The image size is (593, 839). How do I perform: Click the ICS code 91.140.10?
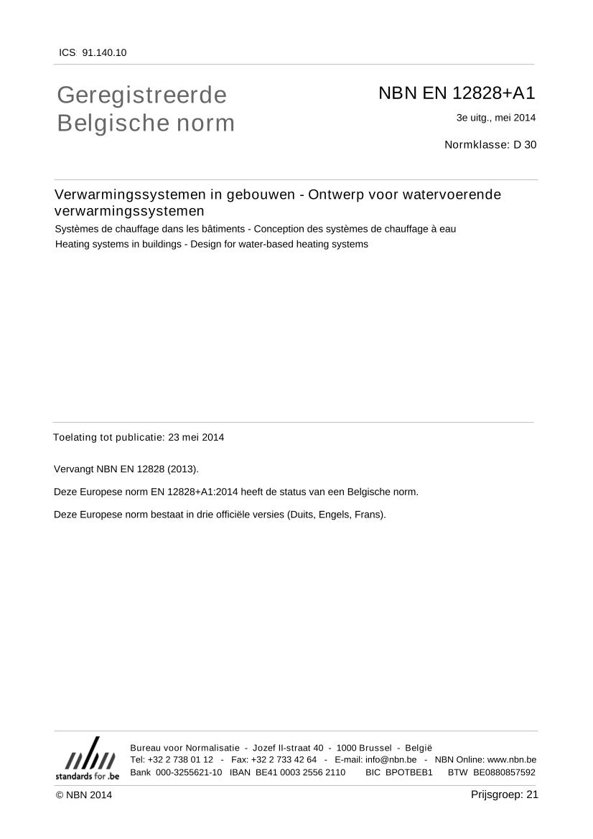(x=104, y=52)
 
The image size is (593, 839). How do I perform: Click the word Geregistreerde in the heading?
(x=141, y=95)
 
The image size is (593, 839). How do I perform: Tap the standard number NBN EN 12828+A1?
(x=457, y=93)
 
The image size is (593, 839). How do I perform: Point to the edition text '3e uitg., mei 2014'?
(x=495, y=118)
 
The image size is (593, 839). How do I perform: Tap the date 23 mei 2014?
(x=196, y=437)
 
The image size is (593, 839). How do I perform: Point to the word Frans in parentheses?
(x=368, y=515)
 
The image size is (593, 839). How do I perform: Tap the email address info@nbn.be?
(x=391, y=759)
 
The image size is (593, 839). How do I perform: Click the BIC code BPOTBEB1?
(x=408, y=772)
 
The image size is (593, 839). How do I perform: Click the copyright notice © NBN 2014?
(x=84, y=795)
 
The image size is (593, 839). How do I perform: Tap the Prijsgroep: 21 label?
(x=504, y=794)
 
